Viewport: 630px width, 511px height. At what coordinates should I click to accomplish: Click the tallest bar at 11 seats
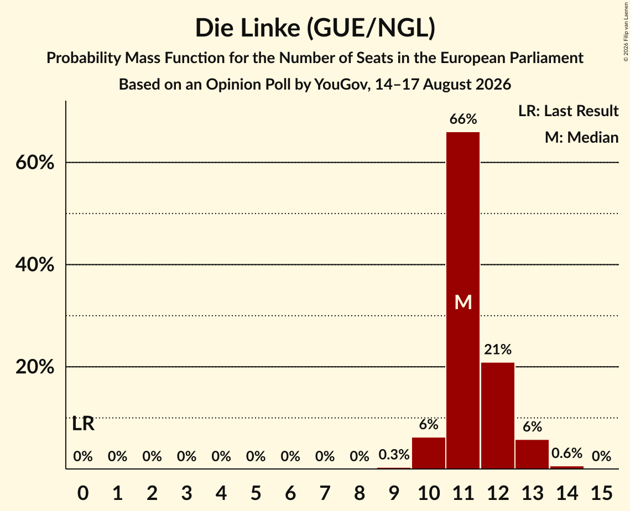pos(463,300)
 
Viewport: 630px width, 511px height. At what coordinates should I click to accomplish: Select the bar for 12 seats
pos(497,415)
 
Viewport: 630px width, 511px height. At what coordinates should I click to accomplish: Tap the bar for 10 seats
pos(428,453)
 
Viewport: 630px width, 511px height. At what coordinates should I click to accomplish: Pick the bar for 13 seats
pos(532,454)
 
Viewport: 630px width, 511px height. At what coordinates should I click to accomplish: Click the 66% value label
pos(463,119)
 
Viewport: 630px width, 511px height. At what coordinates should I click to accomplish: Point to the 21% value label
pos(497,350)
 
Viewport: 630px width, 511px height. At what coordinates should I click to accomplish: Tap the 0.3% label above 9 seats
pos(394,455)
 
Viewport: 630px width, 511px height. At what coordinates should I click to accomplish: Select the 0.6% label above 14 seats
pos(566,453)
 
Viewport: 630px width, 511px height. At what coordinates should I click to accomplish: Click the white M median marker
pos(463,302)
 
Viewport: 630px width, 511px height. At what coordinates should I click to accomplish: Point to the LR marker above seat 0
pos(83,424)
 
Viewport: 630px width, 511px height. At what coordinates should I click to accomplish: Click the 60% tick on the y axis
pos(35,163)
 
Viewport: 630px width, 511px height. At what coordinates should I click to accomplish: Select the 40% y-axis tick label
pos(35,265)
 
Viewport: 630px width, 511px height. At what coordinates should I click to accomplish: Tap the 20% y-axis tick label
pos(35,367)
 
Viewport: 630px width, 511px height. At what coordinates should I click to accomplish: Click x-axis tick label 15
pos(601,493)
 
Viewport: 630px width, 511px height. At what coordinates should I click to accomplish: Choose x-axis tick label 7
pos(325,493)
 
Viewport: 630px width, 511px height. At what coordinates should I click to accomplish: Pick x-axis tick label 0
pos(83,493)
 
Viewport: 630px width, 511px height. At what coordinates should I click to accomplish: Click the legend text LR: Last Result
pos(568,111)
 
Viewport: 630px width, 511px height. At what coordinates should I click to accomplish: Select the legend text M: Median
pos(581,137)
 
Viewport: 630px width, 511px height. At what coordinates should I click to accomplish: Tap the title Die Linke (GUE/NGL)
pos(315,28)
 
